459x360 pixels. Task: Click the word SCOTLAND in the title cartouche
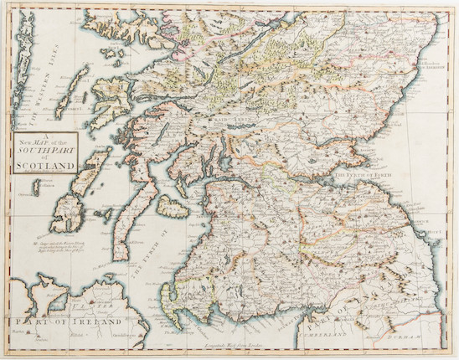(x=45, y=165)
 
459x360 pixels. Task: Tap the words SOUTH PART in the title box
(x=45, y=154)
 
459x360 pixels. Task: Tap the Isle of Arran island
(x=196, y=205)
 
